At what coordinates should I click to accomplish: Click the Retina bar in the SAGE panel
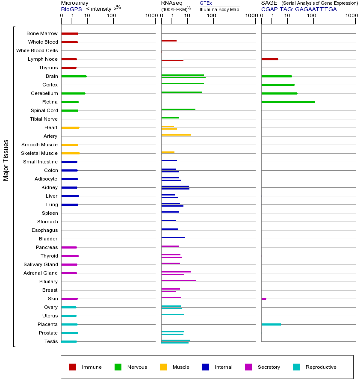click(288, 102)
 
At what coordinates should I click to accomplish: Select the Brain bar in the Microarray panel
click(74, 76)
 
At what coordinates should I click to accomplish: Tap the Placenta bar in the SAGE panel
click(271, 324)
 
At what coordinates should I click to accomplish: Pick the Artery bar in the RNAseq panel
click(176, 135)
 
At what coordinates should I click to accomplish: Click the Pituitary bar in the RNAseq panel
click(179, 280)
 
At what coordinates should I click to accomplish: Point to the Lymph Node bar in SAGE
click(269, 59)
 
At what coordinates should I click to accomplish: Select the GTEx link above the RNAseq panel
click(206, 3)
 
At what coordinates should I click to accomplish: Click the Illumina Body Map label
click(219, 9)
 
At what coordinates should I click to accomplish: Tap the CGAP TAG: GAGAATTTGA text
click(299, 9)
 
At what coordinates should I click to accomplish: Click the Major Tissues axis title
click(6, 160)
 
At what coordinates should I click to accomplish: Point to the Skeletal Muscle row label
click(39, 153)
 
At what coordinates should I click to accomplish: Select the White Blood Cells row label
click(37, 50)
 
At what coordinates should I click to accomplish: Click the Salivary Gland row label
click(41, 264)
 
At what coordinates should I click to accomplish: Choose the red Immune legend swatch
click(73, 367)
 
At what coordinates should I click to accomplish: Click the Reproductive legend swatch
click(296, 367)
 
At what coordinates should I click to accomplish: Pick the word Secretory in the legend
click(269, 367)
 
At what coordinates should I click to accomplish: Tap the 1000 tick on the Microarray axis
click(150, 16)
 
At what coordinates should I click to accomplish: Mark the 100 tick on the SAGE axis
click(312, 16)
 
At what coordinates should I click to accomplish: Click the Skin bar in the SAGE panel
click(264, 299)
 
